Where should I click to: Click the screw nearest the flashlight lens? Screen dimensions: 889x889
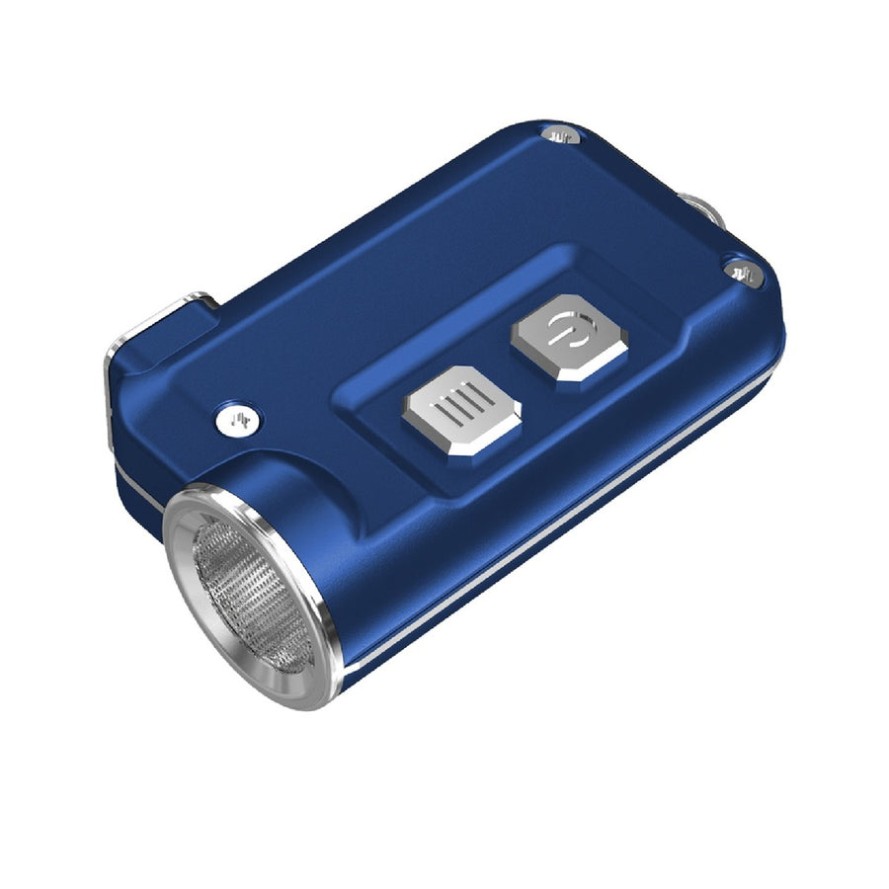pos(237,421)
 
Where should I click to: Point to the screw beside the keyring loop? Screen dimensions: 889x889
pos(741,270)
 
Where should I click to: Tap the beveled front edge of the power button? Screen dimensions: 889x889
pos(583,370)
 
